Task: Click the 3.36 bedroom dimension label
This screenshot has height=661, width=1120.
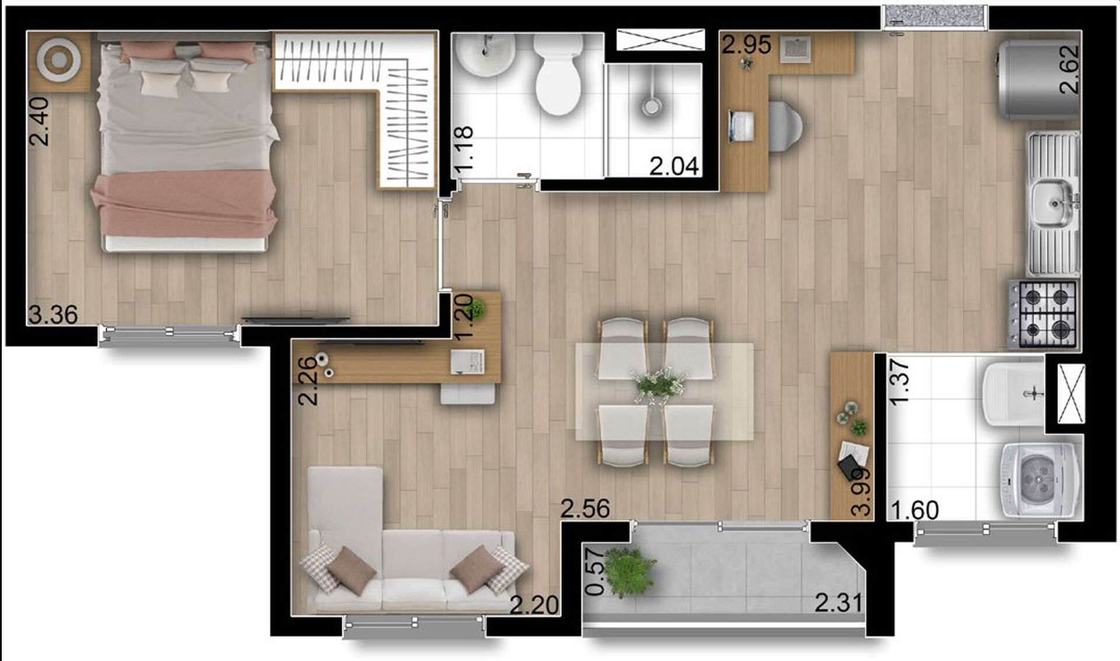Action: click(x=53, y=315)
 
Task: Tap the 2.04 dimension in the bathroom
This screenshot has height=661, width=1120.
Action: click(x=674, y=167)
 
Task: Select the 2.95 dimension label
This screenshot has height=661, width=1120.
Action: click(x=746, y=45)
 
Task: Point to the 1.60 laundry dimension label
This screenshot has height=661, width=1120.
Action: click(x=914, y=510)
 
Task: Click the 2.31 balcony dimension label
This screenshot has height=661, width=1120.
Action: click(x=838, y=603)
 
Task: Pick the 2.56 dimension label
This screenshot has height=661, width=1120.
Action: click(x=585, y=509)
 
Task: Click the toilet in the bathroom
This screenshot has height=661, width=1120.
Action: click(x=558, y=73)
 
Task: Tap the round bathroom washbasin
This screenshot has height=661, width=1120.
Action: click(x=485, y=54)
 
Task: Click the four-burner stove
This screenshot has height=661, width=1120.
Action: click(x=1044, y=314)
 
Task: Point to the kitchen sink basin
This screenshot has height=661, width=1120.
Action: click(x=1052, y=203)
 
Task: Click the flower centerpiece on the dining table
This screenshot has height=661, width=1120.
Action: click(x=660, y=385)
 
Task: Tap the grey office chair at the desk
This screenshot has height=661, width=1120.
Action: click(x=785, y=127)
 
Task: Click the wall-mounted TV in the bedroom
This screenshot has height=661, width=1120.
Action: click(x=296, y=319)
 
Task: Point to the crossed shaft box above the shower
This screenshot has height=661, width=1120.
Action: click(x=660, y=40)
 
